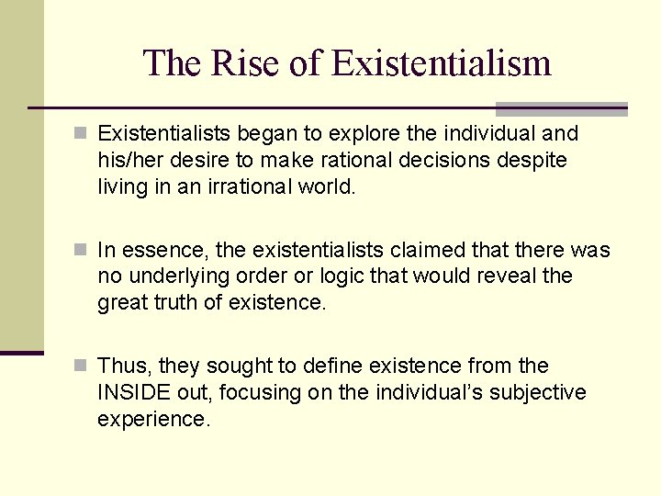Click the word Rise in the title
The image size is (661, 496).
point(233,63)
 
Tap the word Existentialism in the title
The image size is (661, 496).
point(441,63)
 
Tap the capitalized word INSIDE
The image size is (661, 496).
point(135,393)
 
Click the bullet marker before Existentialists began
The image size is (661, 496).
point(81,134)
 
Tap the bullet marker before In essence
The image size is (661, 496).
point(81,251)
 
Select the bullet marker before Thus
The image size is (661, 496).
point(81,366)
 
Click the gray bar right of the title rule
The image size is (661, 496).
point(561,108)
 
